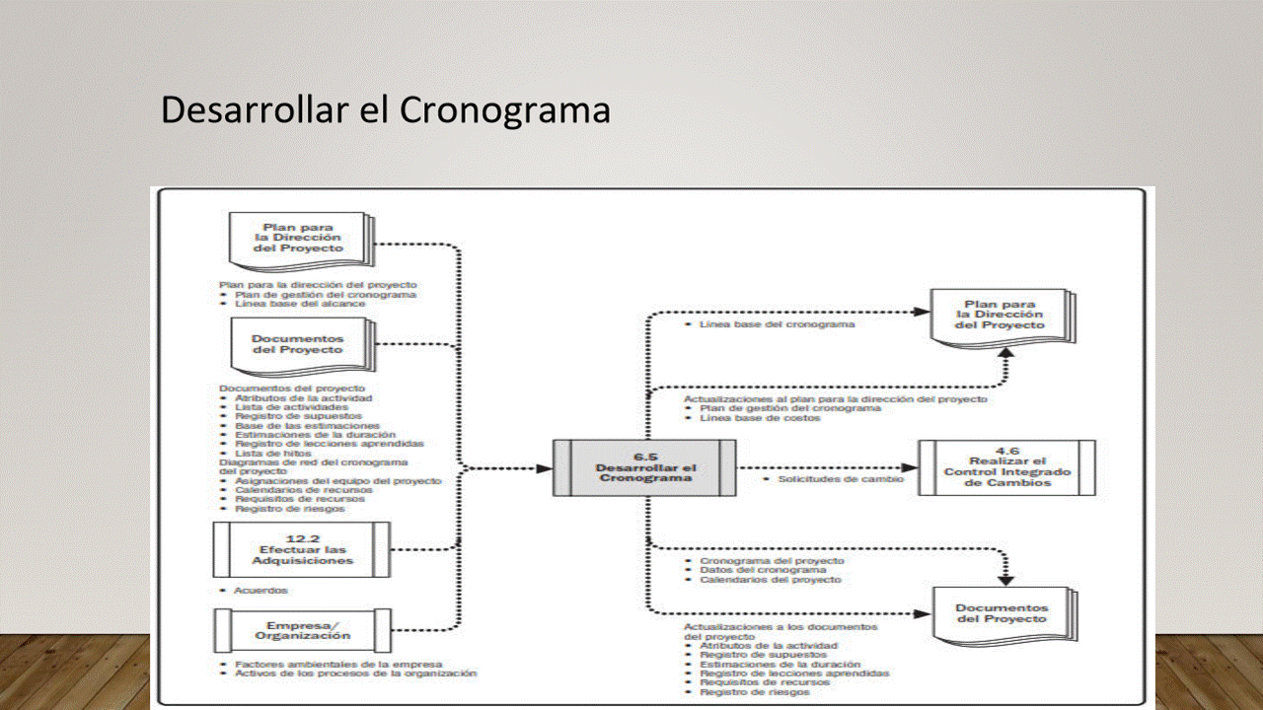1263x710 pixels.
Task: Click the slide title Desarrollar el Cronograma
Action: [x=385, y=109]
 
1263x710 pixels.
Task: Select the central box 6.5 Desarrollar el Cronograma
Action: [x=645, y=467]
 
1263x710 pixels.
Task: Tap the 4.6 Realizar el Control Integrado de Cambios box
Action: [x=1006, y=467]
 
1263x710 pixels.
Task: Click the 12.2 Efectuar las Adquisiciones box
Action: [x=302, y=549]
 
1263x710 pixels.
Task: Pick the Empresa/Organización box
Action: [x=302, y=629]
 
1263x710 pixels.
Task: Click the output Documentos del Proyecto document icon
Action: [x=1003, y=613]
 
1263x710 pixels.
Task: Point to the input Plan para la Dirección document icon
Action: [x=300, y=239]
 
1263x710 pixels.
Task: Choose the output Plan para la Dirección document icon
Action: [x=1002, y=316]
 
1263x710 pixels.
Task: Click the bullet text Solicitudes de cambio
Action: [x=840, y=478]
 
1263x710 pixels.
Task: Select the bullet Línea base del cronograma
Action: [x=777, y=324]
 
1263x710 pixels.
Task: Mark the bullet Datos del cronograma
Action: [x=763, y=570]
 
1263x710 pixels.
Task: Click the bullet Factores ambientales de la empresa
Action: [x=337, y=664]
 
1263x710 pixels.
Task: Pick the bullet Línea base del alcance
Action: [x=300, y=304]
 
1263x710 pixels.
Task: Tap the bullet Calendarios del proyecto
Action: [x=770, y=580]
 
